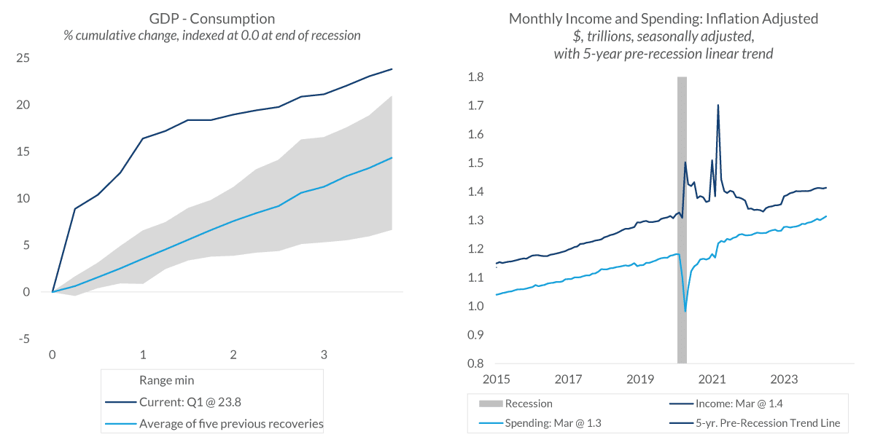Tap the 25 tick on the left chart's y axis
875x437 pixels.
(23, 58)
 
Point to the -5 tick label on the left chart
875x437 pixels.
(23, 339)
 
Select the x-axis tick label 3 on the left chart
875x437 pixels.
(324, 355)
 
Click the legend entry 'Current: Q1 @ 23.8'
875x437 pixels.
(191, 401)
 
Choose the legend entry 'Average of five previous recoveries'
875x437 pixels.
(231, 423)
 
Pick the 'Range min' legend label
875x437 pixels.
(166, 379)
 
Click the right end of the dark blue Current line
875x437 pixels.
(392, 69)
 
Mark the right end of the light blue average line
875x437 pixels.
(392, 158)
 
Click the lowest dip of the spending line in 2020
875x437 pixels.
(685, 311)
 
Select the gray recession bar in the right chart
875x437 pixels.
(682, 219)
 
